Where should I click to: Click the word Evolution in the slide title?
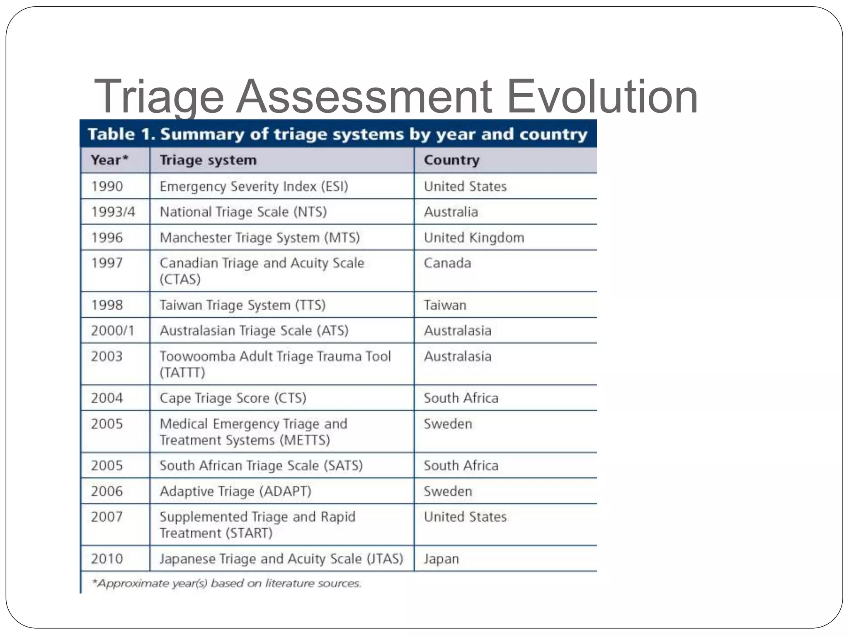coord(602,97)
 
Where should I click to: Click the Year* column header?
coord(109,160)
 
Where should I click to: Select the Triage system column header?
coord(208,160)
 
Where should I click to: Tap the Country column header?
coord(451,160)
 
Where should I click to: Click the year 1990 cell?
coord(107,186)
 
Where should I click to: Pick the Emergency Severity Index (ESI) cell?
coord(254,186)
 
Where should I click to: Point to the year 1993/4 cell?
coord(113,212)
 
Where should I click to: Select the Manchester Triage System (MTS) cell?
coord(260,238)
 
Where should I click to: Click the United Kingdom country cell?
coord(474,238)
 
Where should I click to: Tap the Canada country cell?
coord(447,263)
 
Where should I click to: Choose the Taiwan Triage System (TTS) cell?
coord(243,305)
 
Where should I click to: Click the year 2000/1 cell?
coord(113,331)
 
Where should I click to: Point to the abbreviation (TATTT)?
coord(182,372)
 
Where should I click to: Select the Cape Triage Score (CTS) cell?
coord(233,398)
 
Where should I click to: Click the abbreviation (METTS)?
coord(305,440)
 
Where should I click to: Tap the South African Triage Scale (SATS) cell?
coord(261,465)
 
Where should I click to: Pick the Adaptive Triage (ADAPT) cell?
coord(235,491)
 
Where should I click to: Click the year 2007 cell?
coord(107,517)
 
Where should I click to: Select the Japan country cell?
coord(441,559)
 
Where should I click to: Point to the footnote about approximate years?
coord(226,584)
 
